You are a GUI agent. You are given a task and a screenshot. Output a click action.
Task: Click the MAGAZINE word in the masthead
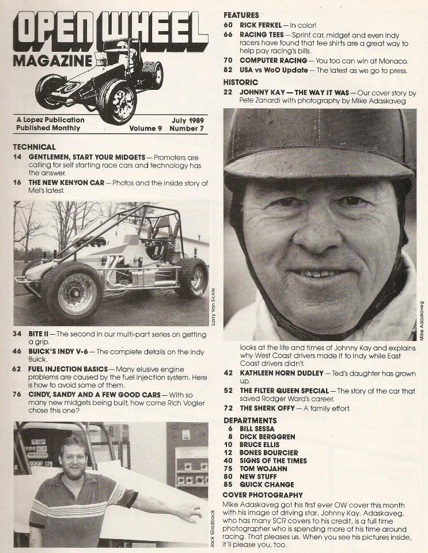(52, 61)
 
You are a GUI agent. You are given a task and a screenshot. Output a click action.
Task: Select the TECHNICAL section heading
(35, 147)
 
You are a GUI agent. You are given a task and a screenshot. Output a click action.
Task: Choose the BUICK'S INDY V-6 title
(58, 351)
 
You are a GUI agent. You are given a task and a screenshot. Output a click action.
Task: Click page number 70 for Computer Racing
(228, 60)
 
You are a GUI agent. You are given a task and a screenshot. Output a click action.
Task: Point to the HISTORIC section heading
(241, 82)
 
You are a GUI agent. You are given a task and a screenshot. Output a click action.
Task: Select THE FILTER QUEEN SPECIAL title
(284, 391)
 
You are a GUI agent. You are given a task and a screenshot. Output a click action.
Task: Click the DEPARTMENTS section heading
(250, 421)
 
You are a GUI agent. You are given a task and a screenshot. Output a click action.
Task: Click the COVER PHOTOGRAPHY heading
(262, 495)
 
